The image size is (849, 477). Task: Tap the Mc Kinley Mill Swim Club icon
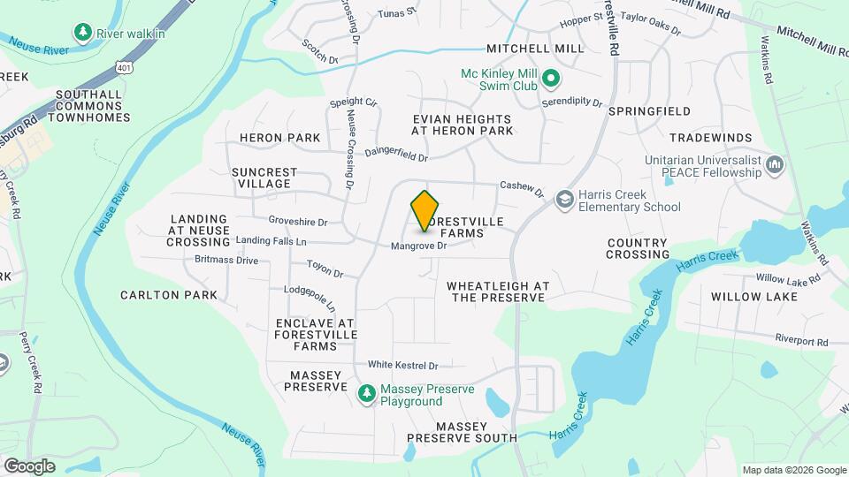[x=551, y=80]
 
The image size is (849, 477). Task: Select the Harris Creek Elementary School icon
[x=563, y=201]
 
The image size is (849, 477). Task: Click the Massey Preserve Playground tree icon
[x=365, y=394]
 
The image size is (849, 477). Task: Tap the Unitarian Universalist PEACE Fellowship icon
[x=776, y=165]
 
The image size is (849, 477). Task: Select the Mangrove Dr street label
[x=418, y=246]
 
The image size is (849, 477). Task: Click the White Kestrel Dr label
[x=403, y=365]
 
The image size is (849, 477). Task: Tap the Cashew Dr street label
[x=521, y=185]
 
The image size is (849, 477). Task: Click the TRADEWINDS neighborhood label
[x=711, y=138]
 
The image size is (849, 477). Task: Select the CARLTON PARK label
[x=169, y=295]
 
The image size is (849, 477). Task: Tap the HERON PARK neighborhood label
[x=279, y=138]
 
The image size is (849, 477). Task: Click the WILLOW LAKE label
[x=754, y=297]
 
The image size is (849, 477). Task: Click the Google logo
[x=29, y=466]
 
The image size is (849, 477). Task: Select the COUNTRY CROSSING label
[x=637, y=248]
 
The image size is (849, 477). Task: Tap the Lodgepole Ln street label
[x=310, y=298]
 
